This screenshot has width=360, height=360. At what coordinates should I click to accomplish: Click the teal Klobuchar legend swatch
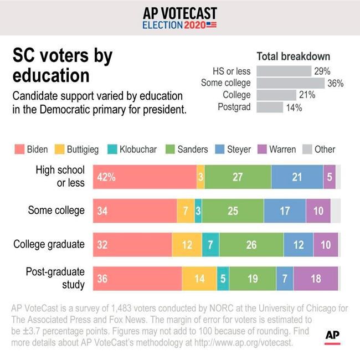pyautogui.click(x=110, y=149)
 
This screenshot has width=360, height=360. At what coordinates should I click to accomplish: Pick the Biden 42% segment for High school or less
pyautogui.click(x=144, y=177)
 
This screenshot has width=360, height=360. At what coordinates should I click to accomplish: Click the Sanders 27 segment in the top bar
pyautogui.click(x=238, y=177)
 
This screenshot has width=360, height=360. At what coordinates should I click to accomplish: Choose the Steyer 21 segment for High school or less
pyautogui.click(x=297, y=177)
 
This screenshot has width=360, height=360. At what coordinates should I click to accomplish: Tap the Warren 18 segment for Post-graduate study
pyautogui.click(x=316, y=279)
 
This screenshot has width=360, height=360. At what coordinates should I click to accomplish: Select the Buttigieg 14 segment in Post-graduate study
pyautogui.click(x=199, y=279)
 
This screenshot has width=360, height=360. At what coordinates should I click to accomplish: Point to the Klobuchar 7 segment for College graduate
pyautogui.click(x=210, y=245)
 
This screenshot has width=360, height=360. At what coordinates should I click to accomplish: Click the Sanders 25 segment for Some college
pyautogui.click(x=233, y=211)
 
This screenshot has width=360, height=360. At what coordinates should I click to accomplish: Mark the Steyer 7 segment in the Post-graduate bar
pyautogui.click(x=284, y=279)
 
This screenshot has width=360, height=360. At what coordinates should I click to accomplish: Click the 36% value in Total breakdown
pyautogui.click(x=336, y=83)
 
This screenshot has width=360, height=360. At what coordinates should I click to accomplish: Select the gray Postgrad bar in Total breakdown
pyautogui.click(x=270, y=107)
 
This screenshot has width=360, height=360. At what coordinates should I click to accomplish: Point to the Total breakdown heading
pyautogui.click(x=293, y=56)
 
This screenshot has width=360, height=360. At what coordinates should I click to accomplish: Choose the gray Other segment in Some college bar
pyautogui.click(x=336, y=211)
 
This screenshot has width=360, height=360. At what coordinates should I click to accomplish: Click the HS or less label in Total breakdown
pyautogui.click(x=232, y=71)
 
